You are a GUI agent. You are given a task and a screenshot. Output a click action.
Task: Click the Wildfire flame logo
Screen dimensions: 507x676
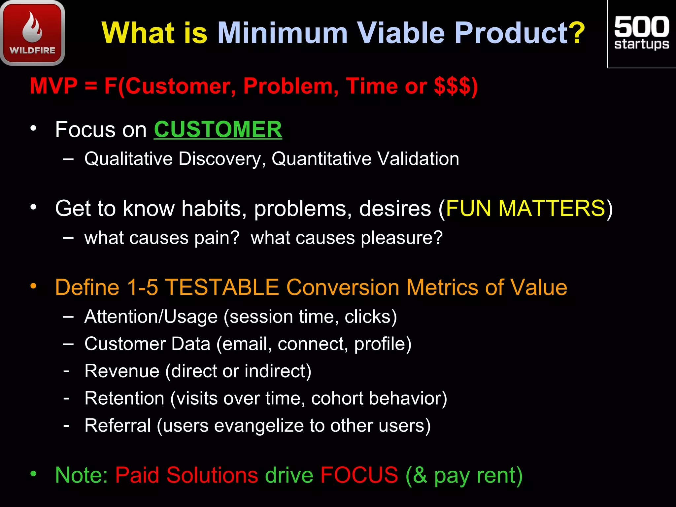32,33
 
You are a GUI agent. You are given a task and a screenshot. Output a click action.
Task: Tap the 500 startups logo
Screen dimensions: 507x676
641,33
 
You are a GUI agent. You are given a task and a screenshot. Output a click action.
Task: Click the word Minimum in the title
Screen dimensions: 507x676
283,33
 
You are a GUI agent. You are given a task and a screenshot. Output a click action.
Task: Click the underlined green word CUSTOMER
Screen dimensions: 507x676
218,129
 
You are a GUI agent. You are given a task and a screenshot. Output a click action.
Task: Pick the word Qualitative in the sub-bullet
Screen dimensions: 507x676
128,159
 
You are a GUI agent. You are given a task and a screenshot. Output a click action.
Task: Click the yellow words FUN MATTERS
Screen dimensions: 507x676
525,208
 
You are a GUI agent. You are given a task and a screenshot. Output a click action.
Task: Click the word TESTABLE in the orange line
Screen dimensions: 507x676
222,287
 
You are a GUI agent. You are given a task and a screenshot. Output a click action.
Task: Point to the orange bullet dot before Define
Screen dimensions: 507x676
33,286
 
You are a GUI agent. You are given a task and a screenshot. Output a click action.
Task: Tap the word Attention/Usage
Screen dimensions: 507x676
151,317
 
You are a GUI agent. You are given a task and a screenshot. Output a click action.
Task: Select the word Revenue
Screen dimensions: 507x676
122,371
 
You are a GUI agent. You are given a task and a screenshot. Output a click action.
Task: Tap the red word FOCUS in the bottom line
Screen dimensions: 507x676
359,475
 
